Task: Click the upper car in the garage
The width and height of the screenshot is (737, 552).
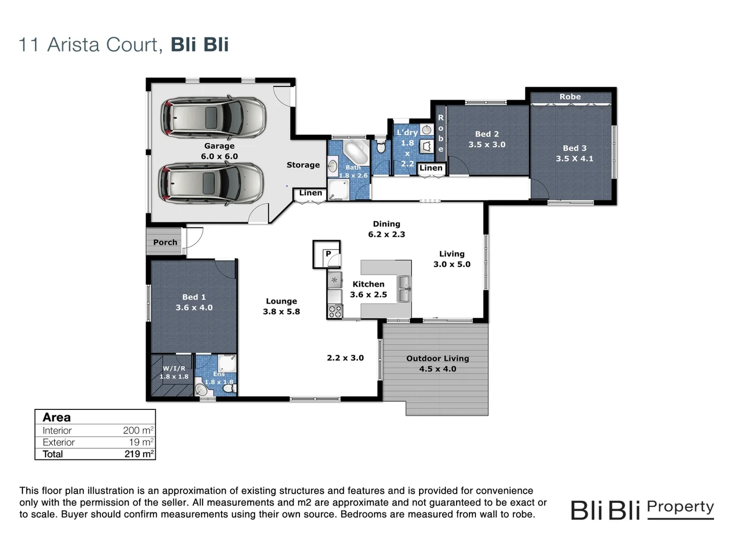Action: click(x=213, y=117)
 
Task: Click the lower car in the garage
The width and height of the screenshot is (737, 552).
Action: click(x=211, y=183)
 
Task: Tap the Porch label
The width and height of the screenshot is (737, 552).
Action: click(x=165, y=242)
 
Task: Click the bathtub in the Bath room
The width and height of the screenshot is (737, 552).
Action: click(x=355, y=151)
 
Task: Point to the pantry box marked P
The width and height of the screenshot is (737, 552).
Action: click(x=328, y=254)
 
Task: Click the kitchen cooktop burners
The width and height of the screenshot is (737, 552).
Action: click(x=335, y=311)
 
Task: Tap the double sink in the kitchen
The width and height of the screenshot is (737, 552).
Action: click(x=404, y=289)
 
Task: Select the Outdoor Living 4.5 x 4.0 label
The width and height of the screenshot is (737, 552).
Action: click(x=438, y=363)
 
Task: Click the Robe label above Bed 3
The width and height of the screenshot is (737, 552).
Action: click(x=570, y=97)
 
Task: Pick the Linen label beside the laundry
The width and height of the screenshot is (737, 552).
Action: click(x=431, y=168)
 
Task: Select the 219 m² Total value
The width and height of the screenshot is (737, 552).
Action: click(x=139, y=454)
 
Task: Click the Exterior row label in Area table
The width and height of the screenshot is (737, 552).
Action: click(x=58, y=442)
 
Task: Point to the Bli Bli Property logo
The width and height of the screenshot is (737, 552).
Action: click(x=642, y=510)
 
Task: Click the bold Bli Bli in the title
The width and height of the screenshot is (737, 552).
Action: click(x=200, y=44)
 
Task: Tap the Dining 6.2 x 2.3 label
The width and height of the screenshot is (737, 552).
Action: click(x=386, y=229)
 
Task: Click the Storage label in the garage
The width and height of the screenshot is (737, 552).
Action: click(x=303, y=165)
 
